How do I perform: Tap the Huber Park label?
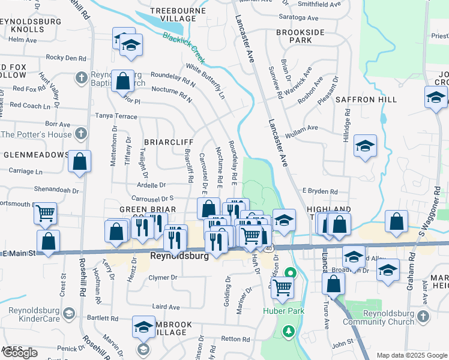[x=283, y=311]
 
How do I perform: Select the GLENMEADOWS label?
[x=36, y=154]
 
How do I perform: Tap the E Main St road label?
[x=19, y=254]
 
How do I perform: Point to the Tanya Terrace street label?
[x=116, y=115]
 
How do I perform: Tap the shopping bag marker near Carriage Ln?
[x=79, y=161]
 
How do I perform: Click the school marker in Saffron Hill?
[x=364, y=146]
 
